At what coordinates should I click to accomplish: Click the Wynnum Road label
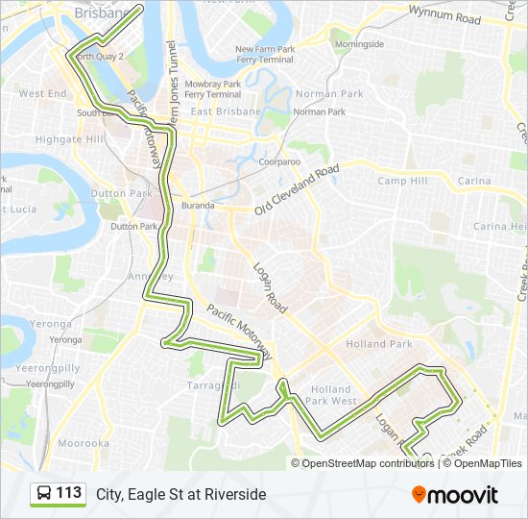coord(444,17)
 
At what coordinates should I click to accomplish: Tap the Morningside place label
coord(359,44)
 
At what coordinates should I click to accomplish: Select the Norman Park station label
coord(320,111)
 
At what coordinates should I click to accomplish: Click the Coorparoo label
coord(279,161)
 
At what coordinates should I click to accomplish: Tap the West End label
coord(43,94)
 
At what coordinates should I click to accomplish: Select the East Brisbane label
coord(226,111)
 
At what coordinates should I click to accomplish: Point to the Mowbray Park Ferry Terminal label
coord(212,89)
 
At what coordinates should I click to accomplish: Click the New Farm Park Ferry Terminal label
coord(264,54)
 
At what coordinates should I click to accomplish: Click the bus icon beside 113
coord(44,494)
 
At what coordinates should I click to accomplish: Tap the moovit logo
coord(455,494)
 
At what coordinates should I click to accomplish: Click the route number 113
coord(69,493)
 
